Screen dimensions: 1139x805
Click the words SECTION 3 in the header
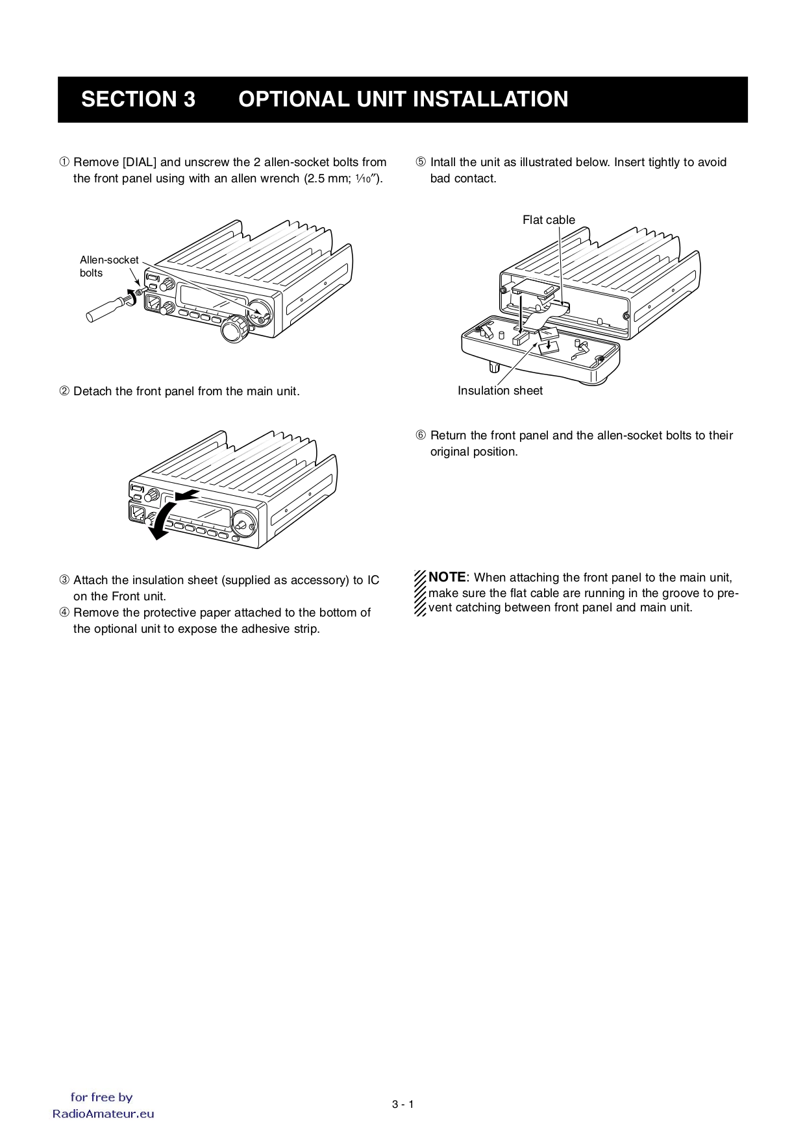tap(138, 99)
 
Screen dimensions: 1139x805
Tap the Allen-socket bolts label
tap(109, 266)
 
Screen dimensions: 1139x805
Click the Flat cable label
tap(549, 220)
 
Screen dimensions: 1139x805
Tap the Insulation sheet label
tap(500, 391)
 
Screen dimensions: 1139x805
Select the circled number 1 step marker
tap(64, 162)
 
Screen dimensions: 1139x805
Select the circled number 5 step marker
tap(421, 162)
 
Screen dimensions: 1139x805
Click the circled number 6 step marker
tap(421, 435)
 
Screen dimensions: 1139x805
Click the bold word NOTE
tap(447, 578)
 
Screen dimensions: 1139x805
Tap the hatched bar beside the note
tap(420, 593)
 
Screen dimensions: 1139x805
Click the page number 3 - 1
tap(402, 1105)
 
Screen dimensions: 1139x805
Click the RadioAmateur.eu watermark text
tap(103, 1114)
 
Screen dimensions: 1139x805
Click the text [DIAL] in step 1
tap(140, 162)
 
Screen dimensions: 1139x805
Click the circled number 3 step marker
tap(64, 580)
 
